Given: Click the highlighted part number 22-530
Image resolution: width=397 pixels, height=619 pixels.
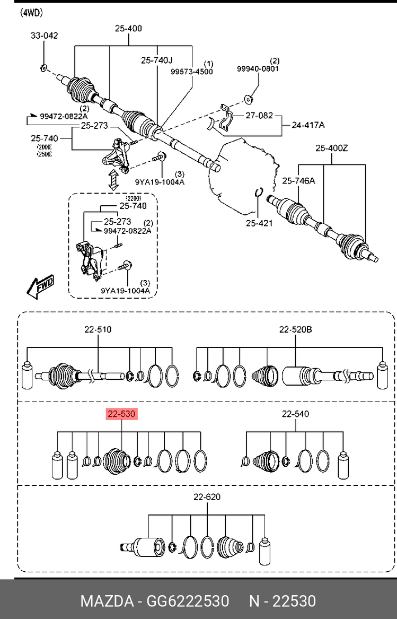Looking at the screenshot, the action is click(x=121, y=414).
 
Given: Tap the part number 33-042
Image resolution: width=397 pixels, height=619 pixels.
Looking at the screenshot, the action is click(x=45, y=36).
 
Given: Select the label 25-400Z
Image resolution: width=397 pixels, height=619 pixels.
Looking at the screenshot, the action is click(x=332, y=149).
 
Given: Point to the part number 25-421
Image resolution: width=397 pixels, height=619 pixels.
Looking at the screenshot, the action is click(x=259, y=223).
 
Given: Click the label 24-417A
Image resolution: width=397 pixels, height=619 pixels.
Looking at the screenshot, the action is click(x=308, y=125).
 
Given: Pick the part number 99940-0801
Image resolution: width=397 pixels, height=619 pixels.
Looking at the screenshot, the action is click(x=258, y=68).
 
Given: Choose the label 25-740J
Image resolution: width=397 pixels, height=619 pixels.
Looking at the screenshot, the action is click(x=157, y=60).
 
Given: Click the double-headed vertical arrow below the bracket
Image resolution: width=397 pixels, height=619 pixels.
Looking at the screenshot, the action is click(x=114, y=180).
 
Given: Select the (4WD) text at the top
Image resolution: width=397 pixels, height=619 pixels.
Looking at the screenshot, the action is click(x=32, y=13).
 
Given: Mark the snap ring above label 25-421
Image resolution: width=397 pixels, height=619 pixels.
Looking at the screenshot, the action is click(x=259, y=192).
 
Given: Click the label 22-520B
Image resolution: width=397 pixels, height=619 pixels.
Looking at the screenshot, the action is click(x=296, y=329).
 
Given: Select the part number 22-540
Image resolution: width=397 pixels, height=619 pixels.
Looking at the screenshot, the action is click(x=296, y=414).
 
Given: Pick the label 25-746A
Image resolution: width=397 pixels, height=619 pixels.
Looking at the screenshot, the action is click(x=299, y=181).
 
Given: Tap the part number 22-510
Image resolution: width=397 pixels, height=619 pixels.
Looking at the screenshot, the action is click(x=98, y=329).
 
